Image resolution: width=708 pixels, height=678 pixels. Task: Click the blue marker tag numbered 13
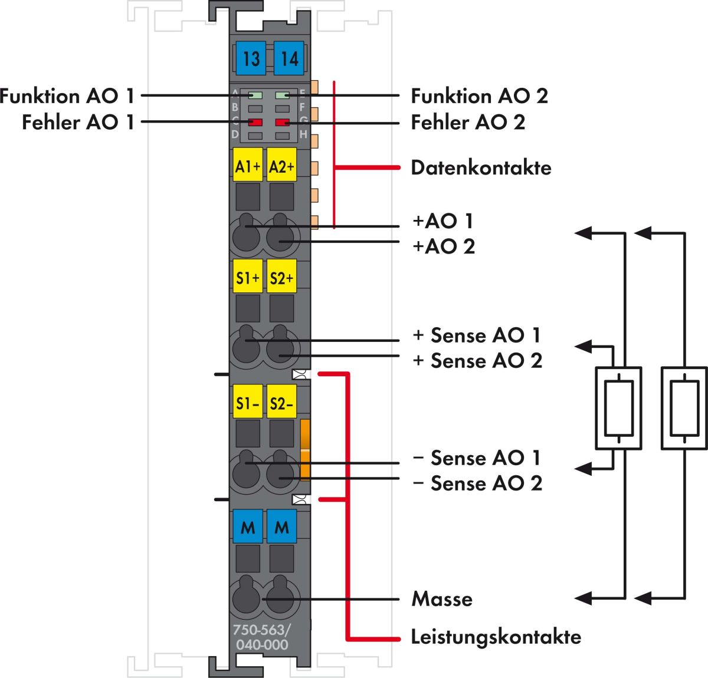pos(251,58)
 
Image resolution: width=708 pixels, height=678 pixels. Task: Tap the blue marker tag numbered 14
pos(289,58)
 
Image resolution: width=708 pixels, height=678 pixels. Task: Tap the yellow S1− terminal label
pos(248,401)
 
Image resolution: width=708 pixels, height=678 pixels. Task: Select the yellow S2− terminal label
pos(281,401)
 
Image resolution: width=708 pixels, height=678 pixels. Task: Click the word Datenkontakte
pos(481,168)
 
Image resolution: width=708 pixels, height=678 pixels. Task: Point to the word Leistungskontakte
pos(496,637)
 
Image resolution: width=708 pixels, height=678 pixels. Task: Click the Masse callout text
pos(442,599)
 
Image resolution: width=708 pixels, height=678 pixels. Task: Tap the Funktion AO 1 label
pos(67,96)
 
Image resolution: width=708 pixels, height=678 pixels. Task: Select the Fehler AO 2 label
pos(468,122)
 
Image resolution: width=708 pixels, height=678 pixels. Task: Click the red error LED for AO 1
pos(255,122)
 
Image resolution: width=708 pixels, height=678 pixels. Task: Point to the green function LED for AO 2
pos(283,96)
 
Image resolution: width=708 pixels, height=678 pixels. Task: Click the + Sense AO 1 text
pos(477,335)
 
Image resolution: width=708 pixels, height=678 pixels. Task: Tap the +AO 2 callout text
pos(444,246)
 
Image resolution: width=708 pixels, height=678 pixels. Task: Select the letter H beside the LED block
pos(303,134)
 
